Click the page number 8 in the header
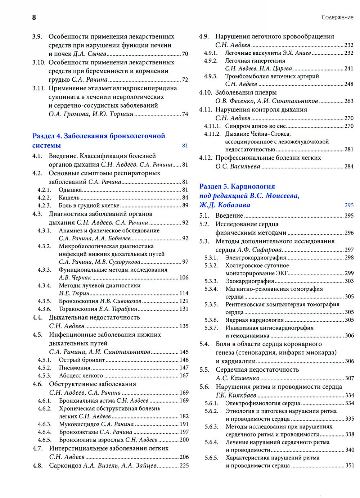click(x=34, y=17)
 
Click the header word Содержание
click(x=337, y=17)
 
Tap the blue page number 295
click(x=349, y=205)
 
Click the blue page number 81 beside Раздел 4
click(x=185, y=146)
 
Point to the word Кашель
click(x=69, y=198)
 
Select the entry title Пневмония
click(x=75, y=368)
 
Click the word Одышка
click(x=70, y=190)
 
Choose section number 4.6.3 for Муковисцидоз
click(x=45, y=424)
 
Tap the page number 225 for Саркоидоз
click(x=184, y=466)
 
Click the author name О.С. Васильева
click(x=238, y=167)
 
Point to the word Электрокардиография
click(x=256, y=258)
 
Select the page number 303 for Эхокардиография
click(x=349, y=281)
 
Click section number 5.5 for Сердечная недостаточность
click(x=204, y=370)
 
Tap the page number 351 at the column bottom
click(x=349, y=465)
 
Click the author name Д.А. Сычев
click(x=90, y=54)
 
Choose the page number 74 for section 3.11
click(x=185, y=114)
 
